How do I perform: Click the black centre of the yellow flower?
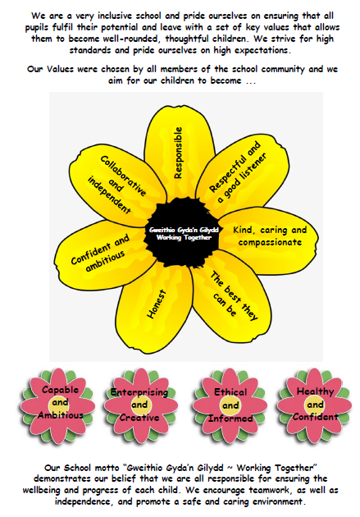tap(182, 232)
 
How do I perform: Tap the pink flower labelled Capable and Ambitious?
tap(58, 405)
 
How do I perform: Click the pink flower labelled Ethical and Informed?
tap(230, 405)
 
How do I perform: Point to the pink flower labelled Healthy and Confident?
tap(315, 405)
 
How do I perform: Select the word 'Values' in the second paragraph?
tap(60, 69)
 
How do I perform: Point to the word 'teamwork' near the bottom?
tap(269, 490)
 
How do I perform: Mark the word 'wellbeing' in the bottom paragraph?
tap(42, 490)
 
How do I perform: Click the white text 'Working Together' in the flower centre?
tap(184, 237)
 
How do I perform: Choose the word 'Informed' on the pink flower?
tap(230, 419)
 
